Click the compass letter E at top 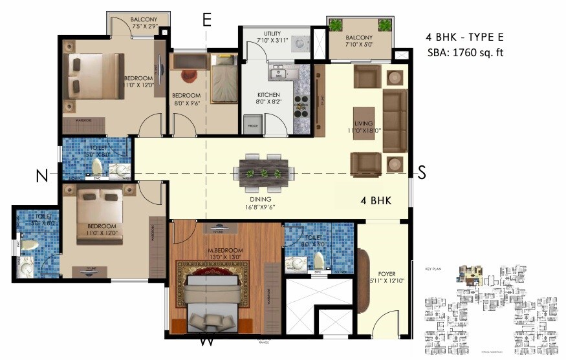pos(207,19)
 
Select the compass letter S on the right pos(421,173)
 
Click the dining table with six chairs pos(264,173)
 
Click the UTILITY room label pos(272,34)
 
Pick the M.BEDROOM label pos(226,250)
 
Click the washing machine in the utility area pos(299,43)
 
